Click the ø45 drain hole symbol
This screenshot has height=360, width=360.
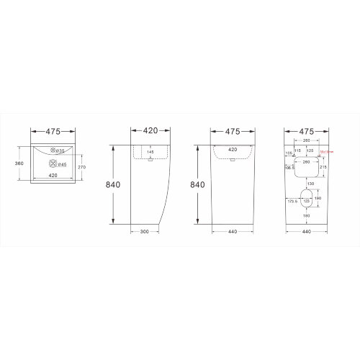click(x=51, y=165)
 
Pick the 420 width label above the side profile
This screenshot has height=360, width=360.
click(x=150, y=132)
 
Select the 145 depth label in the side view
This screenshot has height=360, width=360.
click(x=150, y=152)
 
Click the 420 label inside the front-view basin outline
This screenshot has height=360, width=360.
click(x=233, y=150)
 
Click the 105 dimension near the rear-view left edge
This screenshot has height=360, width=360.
click(x=288, y=153)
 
